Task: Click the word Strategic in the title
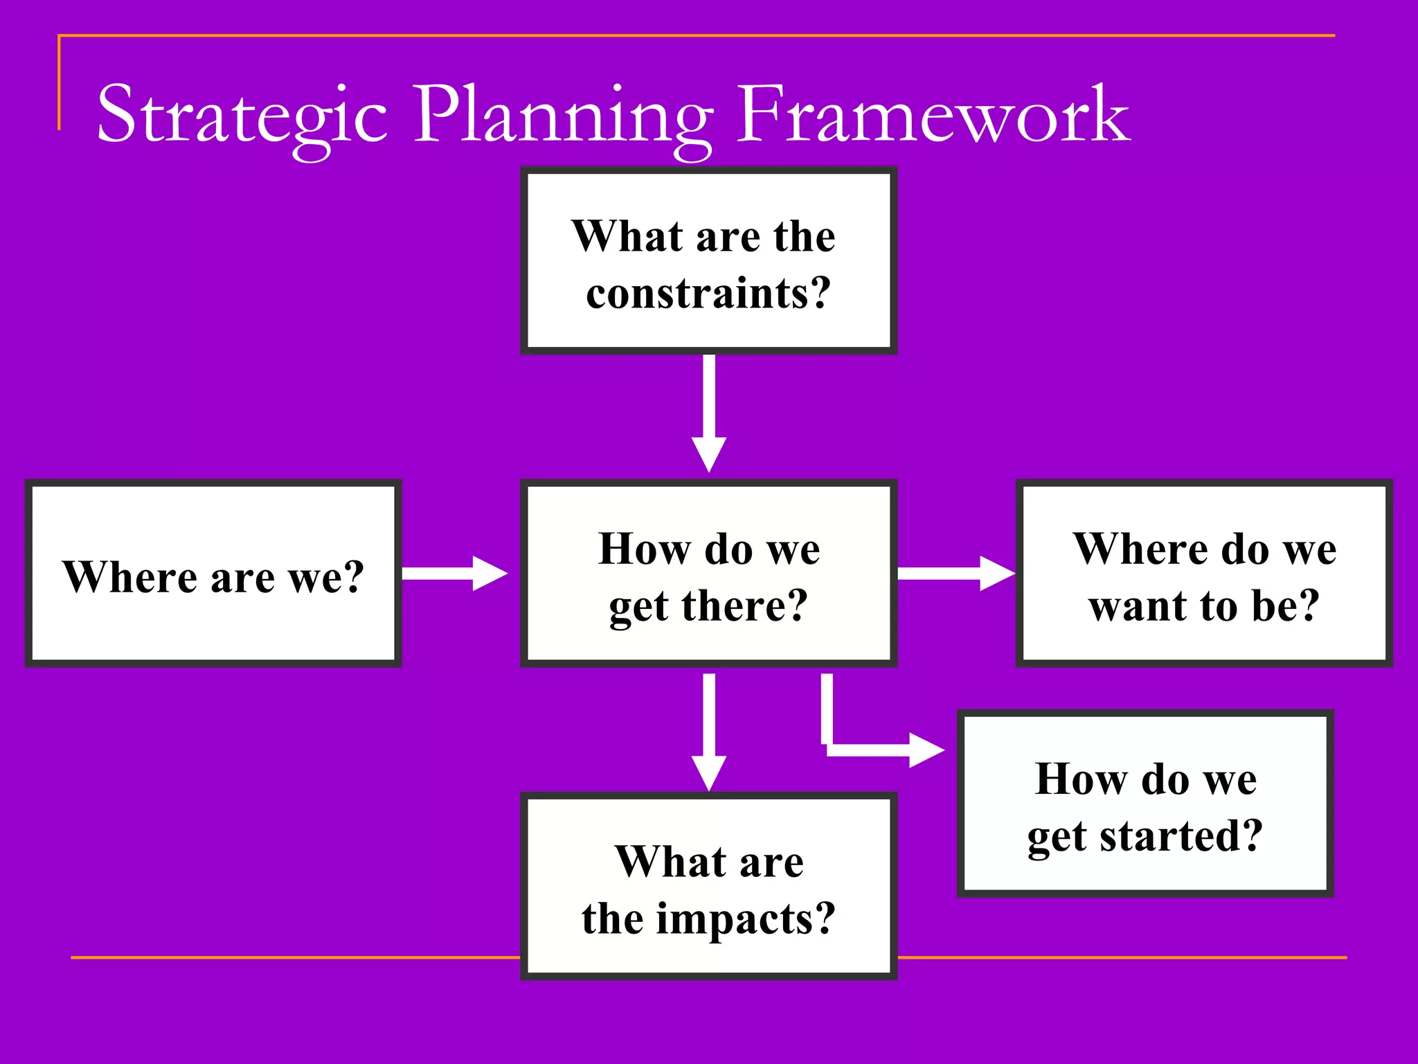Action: pyautogui.click(x=241, y=114)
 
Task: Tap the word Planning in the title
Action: pyautogui.click(x=562, y=114)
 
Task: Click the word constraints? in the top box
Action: pyautogui.click(x=708, y=293)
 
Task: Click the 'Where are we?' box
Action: pyautogui.click(x=213, y=574)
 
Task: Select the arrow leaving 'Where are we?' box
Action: pyautogui.click(x=454, y=573)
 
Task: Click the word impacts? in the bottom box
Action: pyautogui.click(x=746, y=919)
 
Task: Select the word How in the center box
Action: pyautogui.click(x=644, y=549)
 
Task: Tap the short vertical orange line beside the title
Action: pyautogui.click(x=59, y=83)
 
